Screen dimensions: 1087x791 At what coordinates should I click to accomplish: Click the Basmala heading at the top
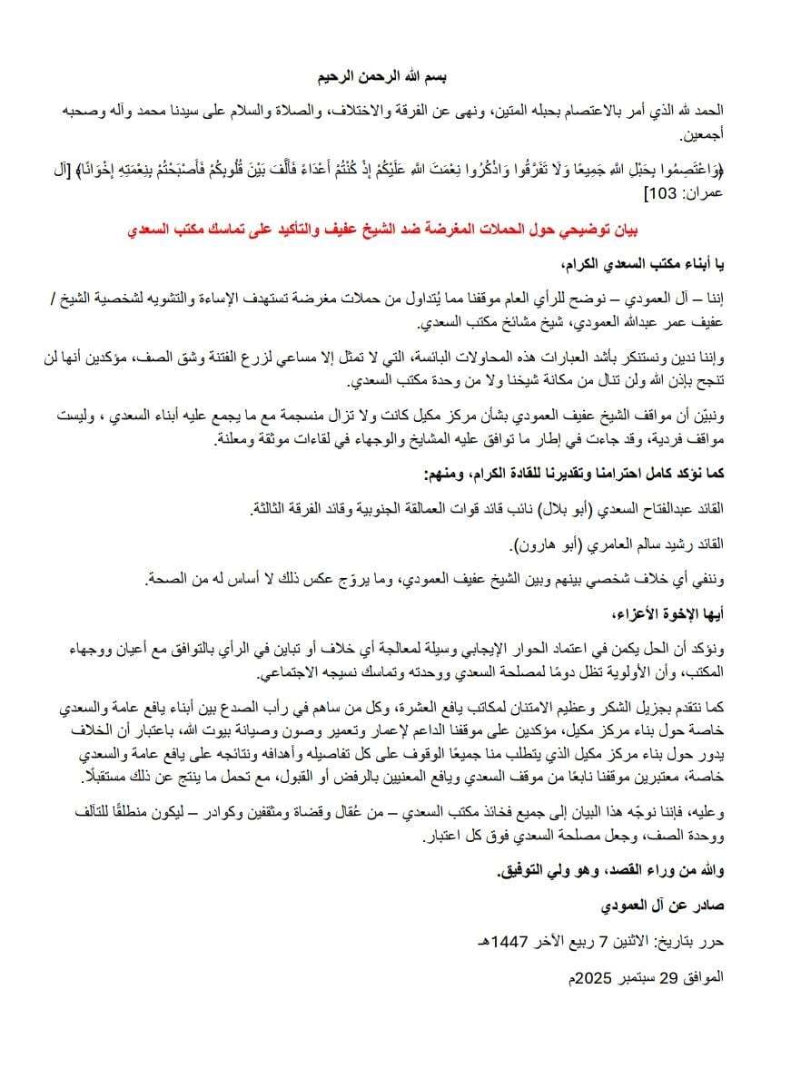tap(394, 75)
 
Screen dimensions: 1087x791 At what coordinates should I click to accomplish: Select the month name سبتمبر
tap(632, 978)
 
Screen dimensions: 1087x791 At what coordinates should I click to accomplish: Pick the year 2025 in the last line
tap(586, 978)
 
